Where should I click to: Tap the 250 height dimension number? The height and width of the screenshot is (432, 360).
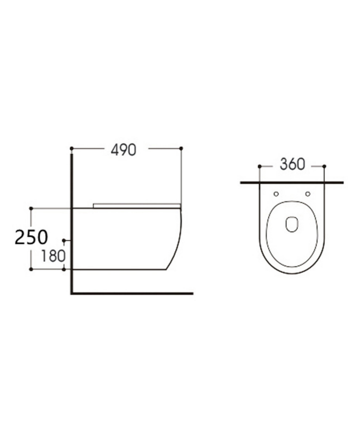pyautogui.click(x=31, y=237)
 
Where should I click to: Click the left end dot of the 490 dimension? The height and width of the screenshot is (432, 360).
pyautogui.click(x=71, y=148)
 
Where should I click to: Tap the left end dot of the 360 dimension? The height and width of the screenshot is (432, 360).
pyautogui.click(x=260, y=166)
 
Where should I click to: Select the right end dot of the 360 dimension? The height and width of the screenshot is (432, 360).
pyautogui.click(x=324, y=166)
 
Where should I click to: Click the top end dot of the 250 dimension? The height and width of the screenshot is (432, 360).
pyautogui.click(x=31, y=208)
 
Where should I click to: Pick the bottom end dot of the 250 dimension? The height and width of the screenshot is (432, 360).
pyautogui.click(x=31, y=269)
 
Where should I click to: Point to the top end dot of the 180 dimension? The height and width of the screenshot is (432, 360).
pyautogui.click(x=65, y=241)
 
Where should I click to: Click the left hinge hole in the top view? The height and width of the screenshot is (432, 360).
pyautogui.click(x=277, y=194)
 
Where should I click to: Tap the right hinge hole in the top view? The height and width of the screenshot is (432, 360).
pyautogui.click(x=308, y=194)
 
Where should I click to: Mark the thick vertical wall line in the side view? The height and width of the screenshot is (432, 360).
pyautogui.click(x=72, y=223)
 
